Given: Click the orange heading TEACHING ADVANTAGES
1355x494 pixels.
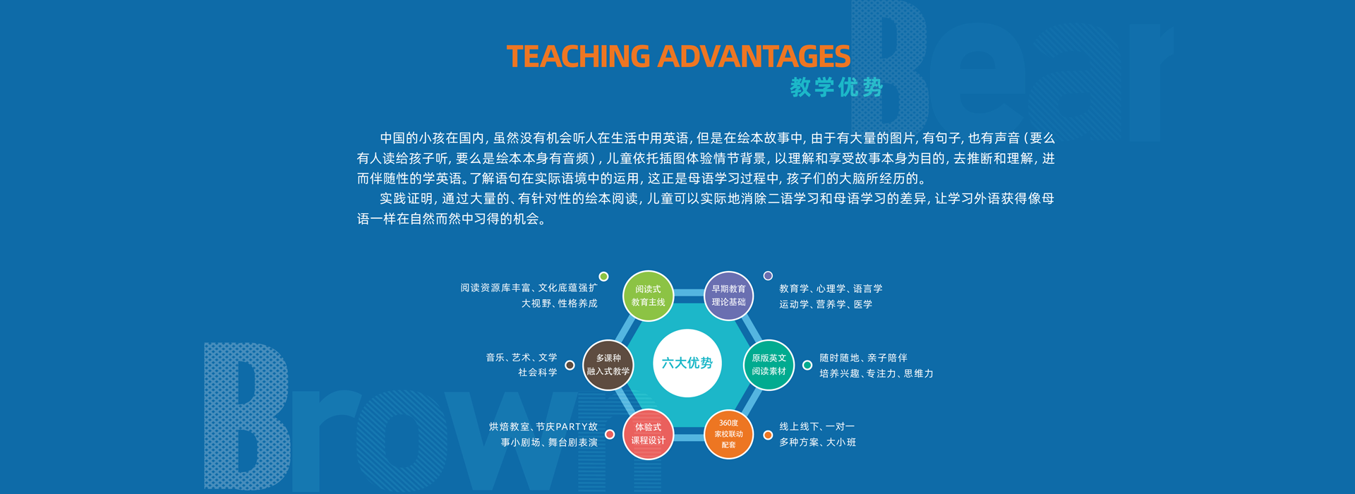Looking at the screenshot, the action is click(678, 56).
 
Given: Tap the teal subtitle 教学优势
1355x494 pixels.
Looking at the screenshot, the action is click(836, 87).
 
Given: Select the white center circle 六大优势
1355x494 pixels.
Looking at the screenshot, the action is click(687, 363).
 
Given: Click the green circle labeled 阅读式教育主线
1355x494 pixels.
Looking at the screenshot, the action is click(648, 296).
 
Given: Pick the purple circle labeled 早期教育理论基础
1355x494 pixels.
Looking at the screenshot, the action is click(728, 296).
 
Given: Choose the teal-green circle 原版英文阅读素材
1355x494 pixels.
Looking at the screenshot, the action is click(769, 365).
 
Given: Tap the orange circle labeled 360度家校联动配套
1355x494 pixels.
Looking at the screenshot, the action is click(728, 434).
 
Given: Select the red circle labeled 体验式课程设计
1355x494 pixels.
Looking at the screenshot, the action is click(648, 434).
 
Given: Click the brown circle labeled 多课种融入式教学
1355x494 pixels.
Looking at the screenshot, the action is click(608, 365).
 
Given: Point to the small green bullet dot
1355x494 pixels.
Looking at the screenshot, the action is click(603, 277).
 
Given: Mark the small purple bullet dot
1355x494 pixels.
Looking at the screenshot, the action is click(768, 276).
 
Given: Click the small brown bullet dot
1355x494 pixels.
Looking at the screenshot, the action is click(570, 366).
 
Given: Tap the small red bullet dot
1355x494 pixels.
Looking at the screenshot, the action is click(610, 435).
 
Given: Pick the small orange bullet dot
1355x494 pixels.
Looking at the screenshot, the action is click(768, 435).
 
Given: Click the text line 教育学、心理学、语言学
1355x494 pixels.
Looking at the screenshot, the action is click(831, 289).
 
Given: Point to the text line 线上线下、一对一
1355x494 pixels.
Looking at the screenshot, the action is click(817, 427).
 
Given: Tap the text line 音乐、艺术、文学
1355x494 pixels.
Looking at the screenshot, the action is click(522, 358).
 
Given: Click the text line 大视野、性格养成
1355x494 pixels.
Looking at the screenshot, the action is click(559, 303).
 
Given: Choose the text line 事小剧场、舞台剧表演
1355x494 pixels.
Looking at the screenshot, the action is click(549, 442).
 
